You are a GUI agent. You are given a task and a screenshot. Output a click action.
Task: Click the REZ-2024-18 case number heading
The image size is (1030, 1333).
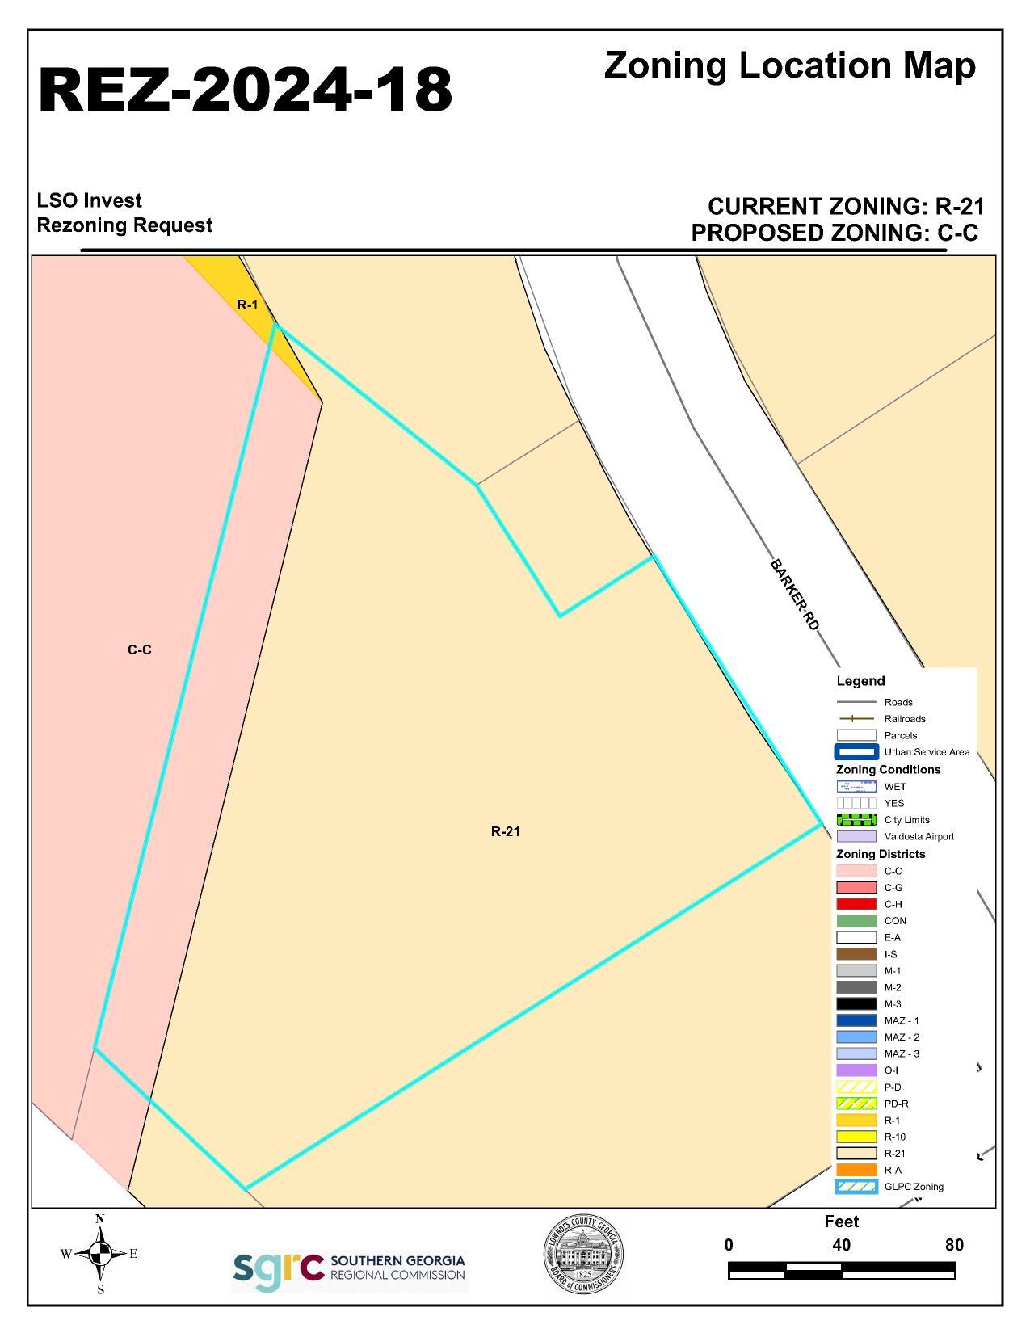pyautogui.click(x=245, y=89)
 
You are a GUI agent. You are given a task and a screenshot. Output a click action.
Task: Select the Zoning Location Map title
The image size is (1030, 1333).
pyautogui.click(x=789, y=65)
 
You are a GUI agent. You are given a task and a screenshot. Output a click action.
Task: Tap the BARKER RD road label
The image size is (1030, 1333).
pyautogui.click(x=795, y=595)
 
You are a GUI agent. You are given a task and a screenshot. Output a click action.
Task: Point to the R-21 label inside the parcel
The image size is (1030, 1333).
pyautogui.click(x=506, y=831)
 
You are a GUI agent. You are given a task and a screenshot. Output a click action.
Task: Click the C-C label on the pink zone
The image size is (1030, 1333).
pyautogui.click(x=140, y=650)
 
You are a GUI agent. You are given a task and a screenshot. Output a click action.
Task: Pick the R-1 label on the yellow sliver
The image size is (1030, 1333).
pyautogui.click(x=247, y=305)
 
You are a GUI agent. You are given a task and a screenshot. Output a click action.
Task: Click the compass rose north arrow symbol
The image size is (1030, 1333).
pyautogui.click(x=100, y=1254)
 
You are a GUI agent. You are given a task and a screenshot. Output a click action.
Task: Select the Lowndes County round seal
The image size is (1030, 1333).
pyautogui.click(x=582, y=1255)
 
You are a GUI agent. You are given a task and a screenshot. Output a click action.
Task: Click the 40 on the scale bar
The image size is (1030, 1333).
pyautogui.click(x=841, y=1245)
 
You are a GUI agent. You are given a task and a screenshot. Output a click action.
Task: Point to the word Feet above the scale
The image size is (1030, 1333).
pyautogui.click(x=841, y=1222)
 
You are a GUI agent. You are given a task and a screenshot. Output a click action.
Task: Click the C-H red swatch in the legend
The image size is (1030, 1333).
pyautogui.click(x=856, y=904)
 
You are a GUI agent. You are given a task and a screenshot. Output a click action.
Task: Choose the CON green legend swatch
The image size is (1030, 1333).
pyautogui.click(x=856, y=921)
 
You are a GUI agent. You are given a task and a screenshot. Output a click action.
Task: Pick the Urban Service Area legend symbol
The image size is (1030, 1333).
pyautogui.click(x=856, y=752)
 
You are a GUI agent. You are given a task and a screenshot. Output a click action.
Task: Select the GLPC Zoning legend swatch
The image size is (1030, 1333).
pyautogui.click(x=856, y=1187)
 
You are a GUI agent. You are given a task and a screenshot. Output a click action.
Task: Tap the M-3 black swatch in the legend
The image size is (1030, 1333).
pyautogui.click(x=856, y=1004)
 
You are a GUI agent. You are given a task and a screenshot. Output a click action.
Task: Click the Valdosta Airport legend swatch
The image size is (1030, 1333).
pyautogui.click(x=856, y=837)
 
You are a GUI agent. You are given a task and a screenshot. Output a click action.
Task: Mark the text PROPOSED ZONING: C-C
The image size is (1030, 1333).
pyautogui.click(x=835, y=233)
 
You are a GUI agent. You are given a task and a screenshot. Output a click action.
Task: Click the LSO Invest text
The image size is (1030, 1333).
pyautogui.click(x=90, y=200)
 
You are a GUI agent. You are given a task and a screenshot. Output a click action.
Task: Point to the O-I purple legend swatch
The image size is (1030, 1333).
pyautogui.click(x=856, y=1070)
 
